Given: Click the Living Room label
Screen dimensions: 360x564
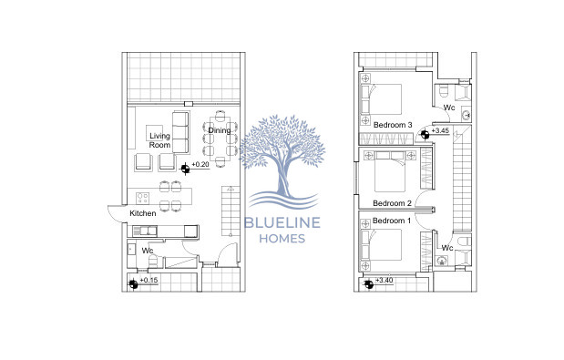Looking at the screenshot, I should (x=159, y=140).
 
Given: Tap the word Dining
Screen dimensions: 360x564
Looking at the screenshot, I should (x=219, y=130).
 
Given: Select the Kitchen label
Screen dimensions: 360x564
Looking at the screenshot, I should (x=143, y=213).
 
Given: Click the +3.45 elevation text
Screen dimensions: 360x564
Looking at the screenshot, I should (x=439, y=131).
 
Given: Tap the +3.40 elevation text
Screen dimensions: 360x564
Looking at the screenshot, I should (x=384, y=281).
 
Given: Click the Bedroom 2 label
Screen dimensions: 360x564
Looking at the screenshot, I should (x=393, y=202).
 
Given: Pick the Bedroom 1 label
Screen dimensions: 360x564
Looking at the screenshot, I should (x=393, y=221).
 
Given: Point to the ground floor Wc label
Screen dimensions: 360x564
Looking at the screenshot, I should (x=146, y=249).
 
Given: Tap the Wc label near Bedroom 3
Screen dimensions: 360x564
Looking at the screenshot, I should (x=449, y=107).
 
